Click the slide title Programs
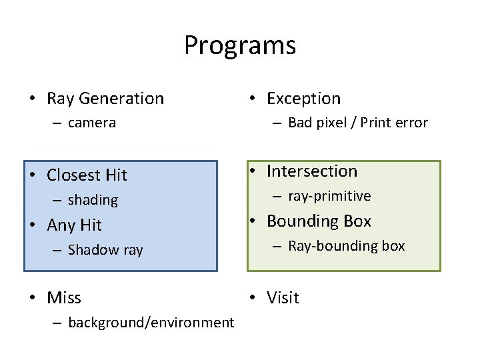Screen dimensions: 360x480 pyautogui.click(x=240, y=46)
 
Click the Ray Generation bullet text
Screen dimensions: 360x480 pyautogui.click(x=105, y=99)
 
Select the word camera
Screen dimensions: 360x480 pyautogui.click(x=92, y=123)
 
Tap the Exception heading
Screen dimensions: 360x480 pyautogui.click(x=303, y=99)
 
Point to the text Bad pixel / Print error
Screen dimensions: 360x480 pyautogui.click(x=357, y=123)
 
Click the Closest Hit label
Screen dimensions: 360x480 pyautogui.click(x=87, y=175)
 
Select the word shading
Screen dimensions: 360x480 pyautogui.click(x=93, y=200)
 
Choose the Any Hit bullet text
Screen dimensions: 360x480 pyautogui.click(x=74, y=225)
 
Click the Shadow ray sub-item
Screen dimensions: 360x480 pyautogui.click(x=105, y=250)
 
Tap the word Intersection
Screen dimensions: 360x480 pyautogui.click(x=312, y=171)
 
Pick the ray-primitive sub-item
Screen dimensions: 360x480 pyautogui.click(x=329, y=196)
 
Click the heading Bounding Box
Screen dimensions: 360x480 pyautogui.click(x=319, y=221)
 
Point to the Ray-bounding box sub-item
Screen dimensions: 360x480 pyautogui.click(x=346, y=246)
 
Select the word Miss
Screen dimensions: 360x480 pyautogui.click(x=64, y=298)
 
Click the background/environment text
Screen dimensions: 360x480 pyautogui.click(x=151, y=323)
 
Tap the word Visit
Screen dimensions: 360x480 pyautogui.click(x=283, y=298)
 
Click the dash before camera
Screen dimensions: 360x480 pyautogui.click(x=56, y=123)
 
